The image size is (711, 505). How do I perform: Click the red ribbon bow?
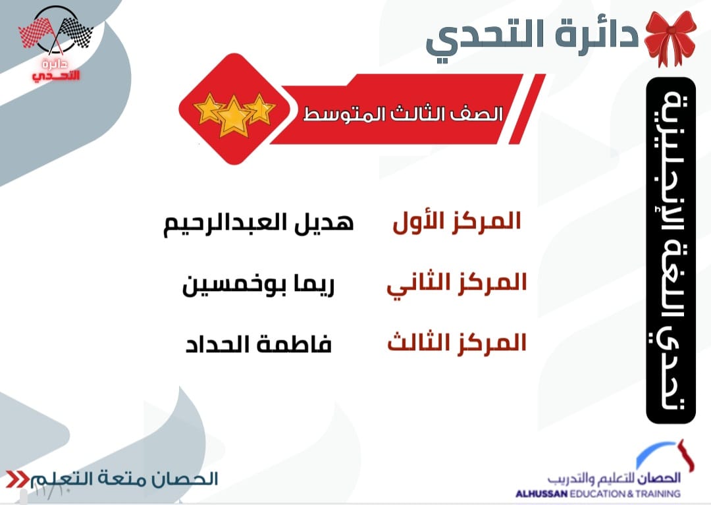point(670,39)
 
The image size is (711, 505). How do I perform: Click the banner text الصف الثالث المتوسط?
point(403,114)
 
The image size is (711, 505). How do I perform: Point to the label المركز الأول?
point(457,222)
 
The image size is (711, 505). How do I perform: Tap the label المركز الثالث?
point(457,343)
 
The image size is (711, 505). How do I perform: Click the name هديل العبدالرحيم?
point(259,224)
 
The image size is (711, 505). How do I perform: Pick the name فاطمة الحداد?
point(259,344)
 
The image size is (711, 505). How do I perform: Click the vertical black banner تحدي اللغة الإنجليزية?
point(671,250)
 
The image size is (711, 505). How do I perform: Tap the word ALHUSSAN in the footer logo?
point(541,494)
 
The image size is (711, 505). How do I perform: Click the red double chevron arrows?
point(17,479)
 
